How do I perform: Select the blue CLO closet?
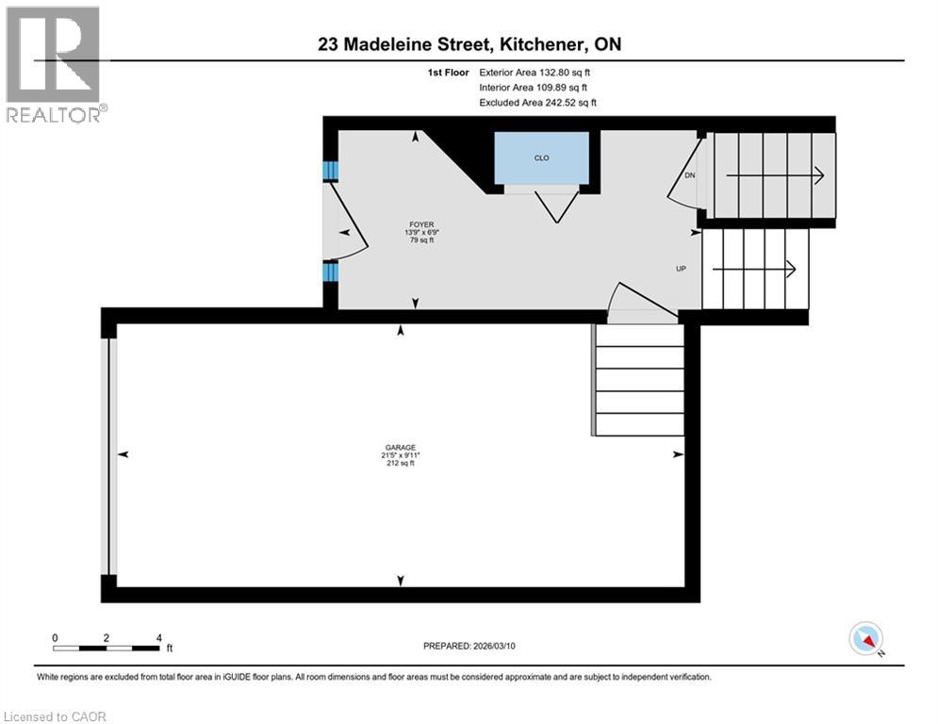542,158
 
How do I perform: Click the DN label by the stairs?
689,175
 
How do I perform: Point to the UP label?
681,269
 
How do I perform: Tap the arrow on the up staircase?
753,270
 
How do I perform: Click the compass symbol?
865,638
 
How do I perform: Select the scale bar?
106,648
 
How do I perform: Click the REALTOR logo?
56,64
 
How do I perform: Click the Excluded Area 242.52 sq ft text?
537,103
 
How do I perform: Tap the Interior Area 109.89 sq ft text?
534,88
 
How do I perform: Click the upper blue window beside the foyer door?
330,171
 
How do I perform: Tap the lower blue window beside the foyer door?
330,272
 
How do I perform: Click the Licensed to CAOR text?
56,716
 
